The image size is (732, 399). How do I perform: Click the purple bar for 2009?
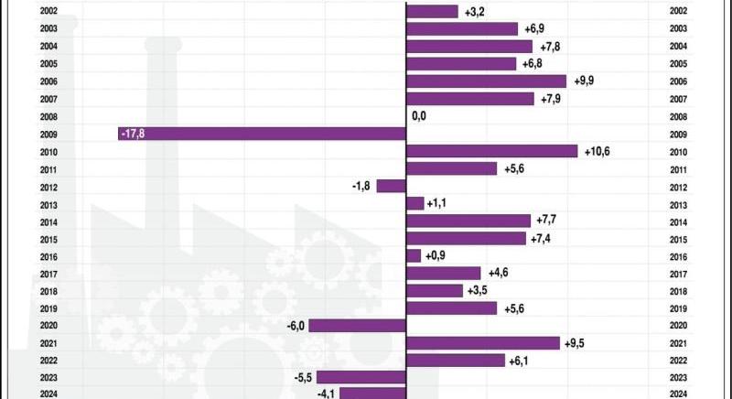262,134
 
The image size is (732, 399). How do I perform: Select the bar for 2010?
491,151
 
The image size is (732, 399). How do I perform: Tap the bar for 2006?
486,81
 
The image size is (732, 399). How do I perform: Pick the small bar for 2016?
414,255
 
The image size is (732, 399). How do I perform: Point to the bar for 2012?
391,186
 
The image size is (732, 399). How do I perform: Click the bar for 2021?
482,343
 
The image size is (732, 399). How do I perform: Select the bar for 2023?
361,377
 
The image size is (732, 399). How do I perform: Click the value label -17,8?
134,134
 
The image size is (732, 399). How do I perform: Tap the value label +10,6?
599,151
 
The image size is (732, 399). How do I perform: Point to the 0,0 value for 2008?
420,116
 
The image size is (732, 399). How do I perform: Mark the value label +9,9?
586,81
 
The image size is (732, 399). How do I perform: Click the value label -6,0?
294,325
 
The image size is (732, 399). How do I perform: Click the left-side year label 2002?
50,12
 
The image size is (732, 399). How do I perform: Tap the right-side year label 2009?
678,134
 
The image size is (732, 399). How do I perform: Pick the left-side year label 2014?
50,221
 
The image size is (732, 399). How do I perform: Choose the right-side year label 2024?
678,394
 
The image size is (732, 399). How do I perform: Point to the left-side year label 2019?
50,308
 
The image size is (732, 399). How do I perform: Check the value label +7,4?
544,238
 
